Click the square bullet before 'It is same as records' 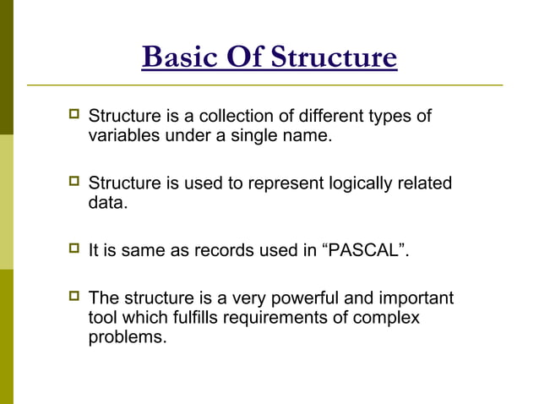click(74, 251)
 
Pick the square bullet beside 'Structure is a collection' click(74, 115)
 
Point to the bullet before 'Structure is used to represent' click(74, 183)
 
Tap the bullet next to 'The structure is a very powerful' click(74, 298)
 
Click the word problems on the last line click(127, 338)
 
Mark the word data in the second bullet click(107, 203)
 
